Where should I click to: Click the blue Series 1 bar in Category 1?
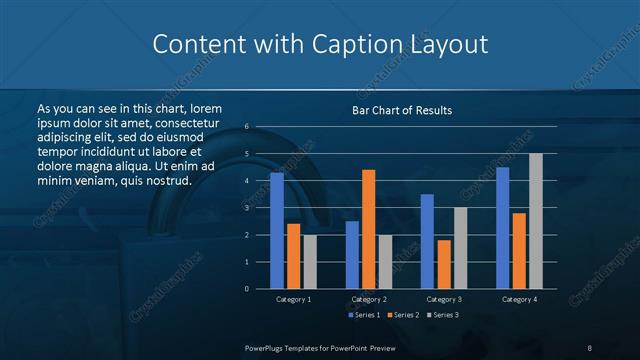coord(277,230)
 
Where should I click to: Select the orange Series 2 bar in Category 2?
coord(368,229)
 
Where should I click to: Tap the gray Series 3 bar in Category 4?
coord(535,221)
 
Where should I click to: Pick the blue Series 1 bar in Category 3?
coord(427,241)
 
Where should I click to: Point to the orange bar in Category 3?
coord(443,264)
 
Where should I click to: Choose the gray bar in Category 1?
coord(310,261)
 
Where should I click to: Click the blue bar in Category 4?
coord(502,227)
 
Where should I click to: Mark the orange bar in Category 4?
coord(518,250)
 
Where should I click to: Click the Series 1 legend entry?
coord(365,315)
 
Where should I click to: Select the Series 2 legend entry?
coord(402,315)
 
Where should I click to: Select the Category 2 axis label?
coord(369,299)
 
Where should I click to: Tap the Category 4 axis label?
coord(519,299)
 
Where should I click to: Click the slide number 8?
coord(589,346)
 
